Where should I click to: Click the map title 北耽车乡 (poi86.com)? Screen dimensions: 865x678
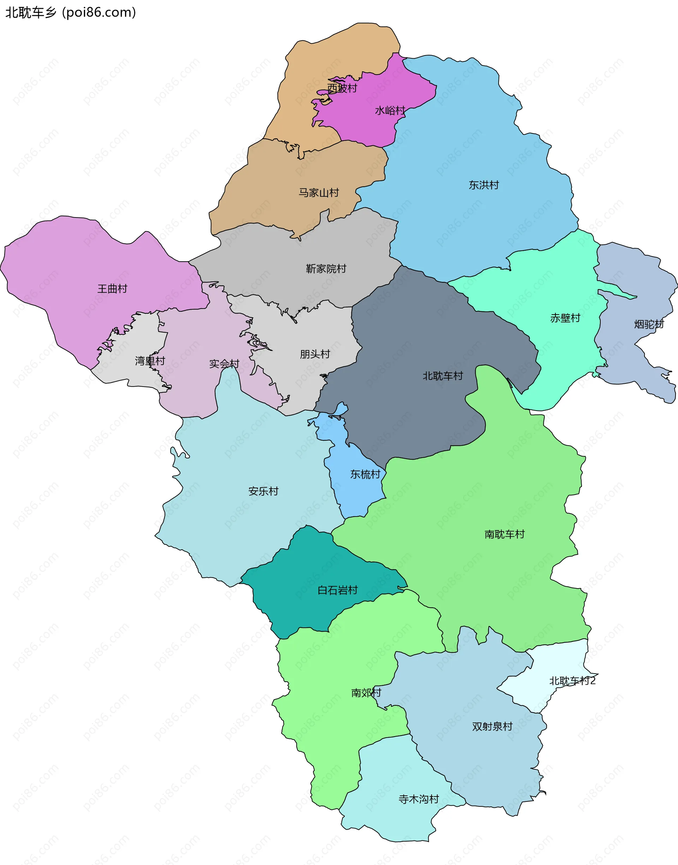71,13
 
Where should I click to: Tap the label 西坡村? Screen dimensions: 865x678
342,88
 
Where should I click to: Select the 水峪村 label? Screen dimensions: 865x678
390,111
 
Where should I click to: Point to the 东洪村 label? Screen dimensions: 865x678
483,185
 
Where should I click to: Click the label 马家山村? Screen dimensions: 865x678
319,193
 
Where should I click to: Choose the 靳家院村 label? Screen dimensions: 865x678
326,269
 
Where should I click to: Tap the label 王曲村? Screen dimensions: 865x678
112,289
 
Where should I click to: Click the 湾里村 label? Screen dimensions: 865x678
150,361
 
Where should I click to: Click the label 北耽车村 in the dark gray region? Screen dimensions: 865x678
442,376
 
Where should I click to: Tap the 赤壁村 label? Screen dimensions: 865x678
565,318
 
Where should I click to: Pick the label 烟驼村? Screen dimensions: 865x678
649,324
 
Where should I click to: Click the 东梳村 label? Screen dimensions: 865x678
365,475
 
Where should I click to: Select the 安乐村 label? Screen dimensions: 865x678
263,491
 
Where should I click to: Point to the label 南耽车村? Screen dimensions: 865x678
504,535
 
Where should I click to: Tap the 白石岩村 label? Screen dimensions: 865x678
338,590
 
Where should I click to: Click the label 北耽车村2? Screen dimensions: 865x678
572,681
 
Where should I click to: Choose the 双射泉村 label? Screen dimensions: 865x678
492,727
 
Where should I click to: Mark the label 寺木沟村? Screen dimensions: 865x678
418,799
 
